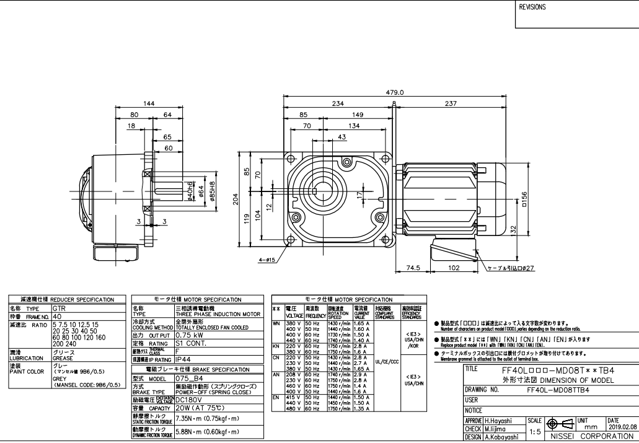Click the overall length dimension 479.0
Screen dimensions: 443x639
click(395, 92)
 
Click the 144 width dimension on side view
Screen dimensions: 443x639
click(149, 103)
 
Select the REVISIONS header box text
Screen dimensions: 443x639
click(533, 8)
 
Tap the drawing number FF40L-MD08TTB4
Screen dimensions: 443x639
click(558, 390)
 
